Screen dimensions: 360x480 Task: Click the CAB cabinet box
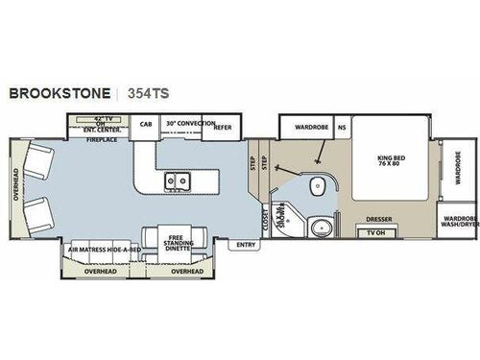146,125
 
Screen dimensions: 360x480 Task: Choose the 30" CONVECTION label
186,125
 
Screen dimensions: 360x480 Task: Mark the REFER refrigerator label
223,126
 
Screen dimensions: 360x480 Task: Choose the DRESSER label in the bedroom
382,217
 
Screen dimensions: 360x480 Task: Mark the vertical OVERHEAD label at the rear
16,187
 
